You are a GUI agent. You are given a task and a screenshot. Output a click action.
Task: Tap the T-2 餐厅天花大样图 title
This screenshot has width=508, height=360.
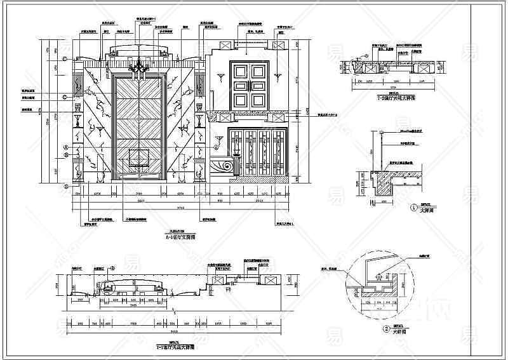(x=396, y=99)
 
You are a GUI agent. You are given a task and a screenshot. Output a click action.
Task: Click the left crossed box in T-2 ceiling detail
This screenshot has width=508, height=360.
(x=364, y=64)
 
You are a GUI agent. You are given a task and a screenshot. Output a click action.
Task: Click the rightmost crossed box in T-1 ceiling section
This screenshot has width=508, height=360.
(x=270, y=280)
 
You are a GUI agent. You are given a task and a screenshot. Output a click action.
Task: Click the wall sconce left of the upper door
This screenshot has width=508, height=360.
(x=219, y=77)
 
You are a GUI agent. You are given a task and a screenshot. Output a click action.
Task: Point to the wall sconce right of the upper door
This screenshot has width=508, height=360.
(x=277, y=77)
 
